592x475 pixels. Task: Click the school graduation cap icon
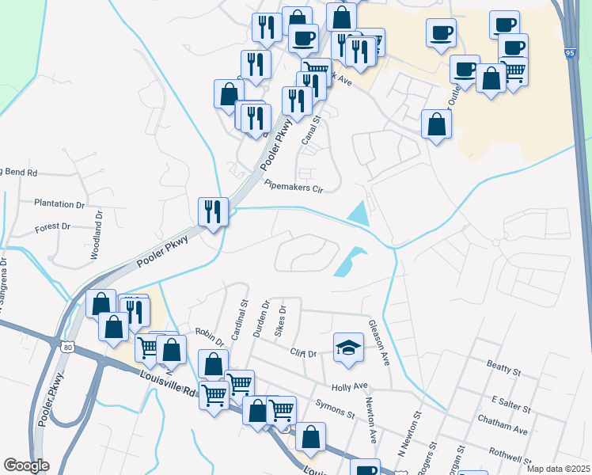[x=347, y=348]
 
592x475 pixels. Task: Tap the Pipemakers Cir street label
[x=294, y=188]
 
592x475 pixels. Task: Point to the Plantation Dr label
[x=59, y=203]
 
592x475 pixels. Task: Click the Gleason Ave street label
[x=379, y=342]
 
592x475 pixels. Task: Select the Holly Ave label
[x=351, y=387]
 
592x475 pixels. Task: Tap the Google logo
[x=26, y=465]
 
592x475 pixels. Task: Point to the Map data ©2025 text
[x=557, y=469]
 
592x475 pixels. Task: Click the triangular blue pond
[x=359, y=212]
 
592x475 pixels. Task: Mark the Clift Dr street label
[x=303, y=353]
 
